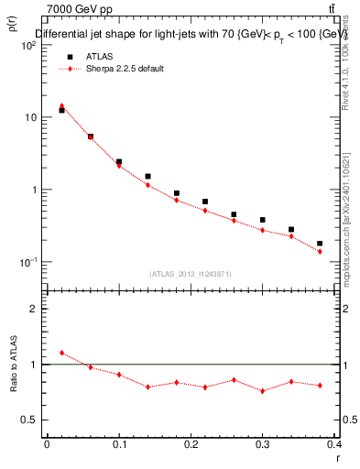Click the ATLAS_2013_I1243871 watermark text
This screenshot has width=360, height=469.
(191, 273)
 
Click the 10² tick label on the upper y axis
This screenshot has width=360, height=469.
(28, 45)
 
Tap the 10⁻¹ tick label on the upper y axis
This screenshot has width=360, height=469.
(28, 262)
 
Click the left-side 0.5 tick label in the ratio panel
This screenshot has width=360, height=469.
(29, 420)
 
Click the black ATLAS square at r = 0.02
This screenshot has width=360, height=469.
(61, 111)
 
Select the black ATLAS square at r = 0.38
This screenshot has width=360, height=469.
(320, 244)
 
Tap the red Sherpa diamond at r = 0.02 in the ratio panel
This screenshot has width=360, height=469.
(61, 353)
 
